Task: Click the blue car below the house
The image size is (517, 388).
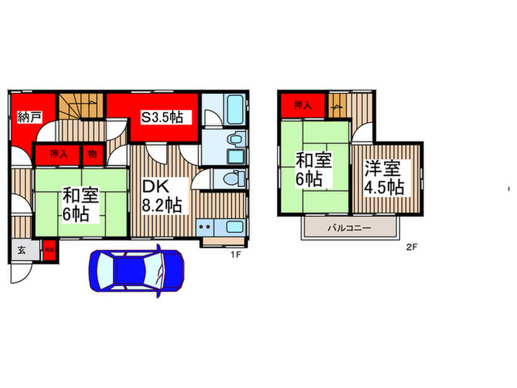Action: point(137,272)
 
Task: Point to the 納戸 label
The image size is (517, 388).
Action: point(30,116)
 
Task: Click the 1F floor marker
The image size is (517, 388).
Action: point(235,254)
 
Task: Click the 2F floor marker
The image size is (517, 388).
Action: point(411,248)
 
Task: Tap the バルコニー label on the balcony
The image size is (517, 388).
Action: point(349,228)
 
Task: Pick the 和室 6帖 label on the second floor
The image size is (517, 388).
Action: point(314,169)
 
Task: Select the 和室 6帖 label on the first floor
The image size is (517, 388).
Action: point(76,205)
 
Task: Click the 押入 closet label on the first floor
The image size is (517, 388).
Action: point(59,154)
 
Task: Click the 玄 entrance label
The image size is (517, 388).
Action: point(20,250)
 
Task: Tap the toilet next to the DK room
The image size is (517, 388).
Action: point(233,180)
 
